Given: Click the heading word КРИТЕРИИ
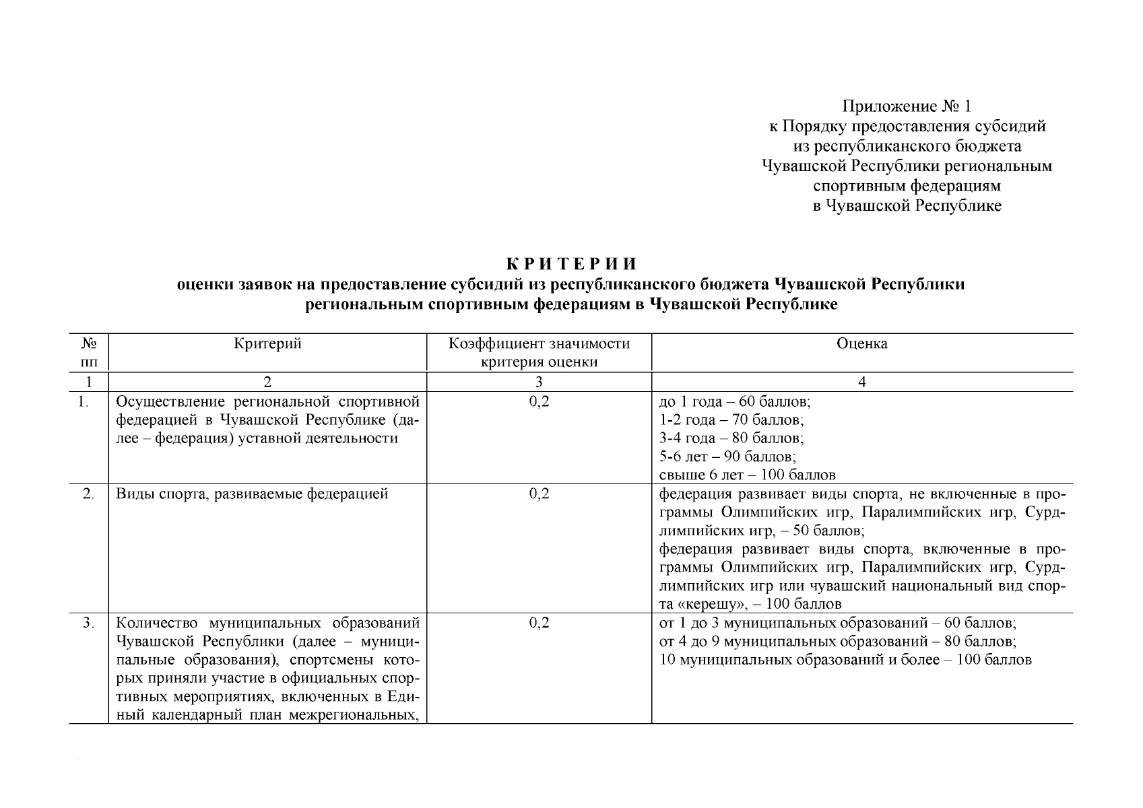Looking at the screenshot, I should point(570,263).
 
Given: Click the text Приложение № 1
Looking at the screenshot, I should point(907,106).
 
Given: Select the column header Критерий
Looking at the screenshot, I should point(267,344).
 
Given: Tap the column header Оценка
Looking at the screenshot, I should point(861,344).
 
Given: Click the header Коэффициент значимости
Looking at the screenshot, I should point(539,344).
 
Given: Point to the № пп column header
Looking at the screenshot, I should point(89,353).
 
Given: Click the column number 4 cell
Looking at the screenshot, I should point(861,382).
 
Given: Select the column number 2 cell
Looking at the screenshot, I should point(267,382).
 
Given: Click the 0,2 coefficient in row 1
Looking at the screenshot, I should point(539,402).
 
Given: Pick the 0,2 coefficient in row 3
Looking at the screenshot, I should point(539,623).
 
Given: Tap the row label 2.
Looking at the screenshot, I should point(88,494).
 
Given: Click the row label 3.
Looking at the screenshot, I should point(88,623).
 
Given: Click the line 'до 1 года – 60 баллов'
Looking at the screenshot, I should point(734,402).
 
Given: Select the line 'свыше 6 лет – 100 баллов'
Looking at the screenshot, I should point(747,475).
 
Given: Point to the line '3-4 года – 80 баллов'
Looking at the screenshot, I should point(731,438).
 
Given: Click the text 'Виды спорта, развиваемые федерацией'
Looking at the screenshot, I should point(252,494).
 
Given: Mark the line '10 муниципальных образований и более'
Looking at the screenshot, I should point(845,659).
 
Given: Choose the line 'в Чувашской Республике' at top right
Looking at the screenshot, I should point(907,206).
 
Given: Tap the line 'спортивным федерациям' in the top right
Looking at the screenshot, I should point(907,186).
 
